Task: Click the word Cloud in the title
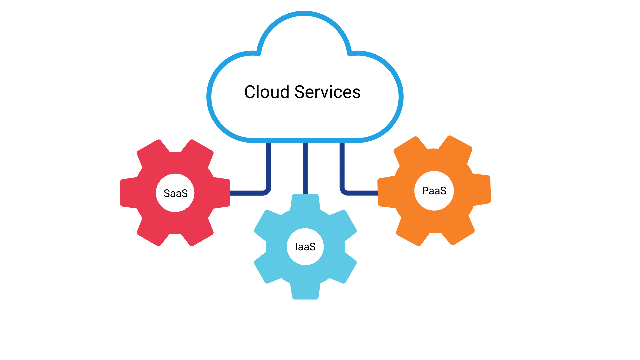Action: tap(266, 92)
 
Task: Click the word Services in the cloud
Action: tap(327, 92)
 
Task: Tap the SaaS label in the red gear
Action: tap(176, 193)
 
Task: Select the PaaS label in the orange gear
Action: tap(434, 191)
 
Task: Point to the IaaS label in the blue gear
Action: tap(305, 247)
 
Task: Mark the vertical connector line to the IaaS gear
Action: tap(305, 168)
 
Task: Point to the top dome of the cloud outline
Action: tap(304, 14)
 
